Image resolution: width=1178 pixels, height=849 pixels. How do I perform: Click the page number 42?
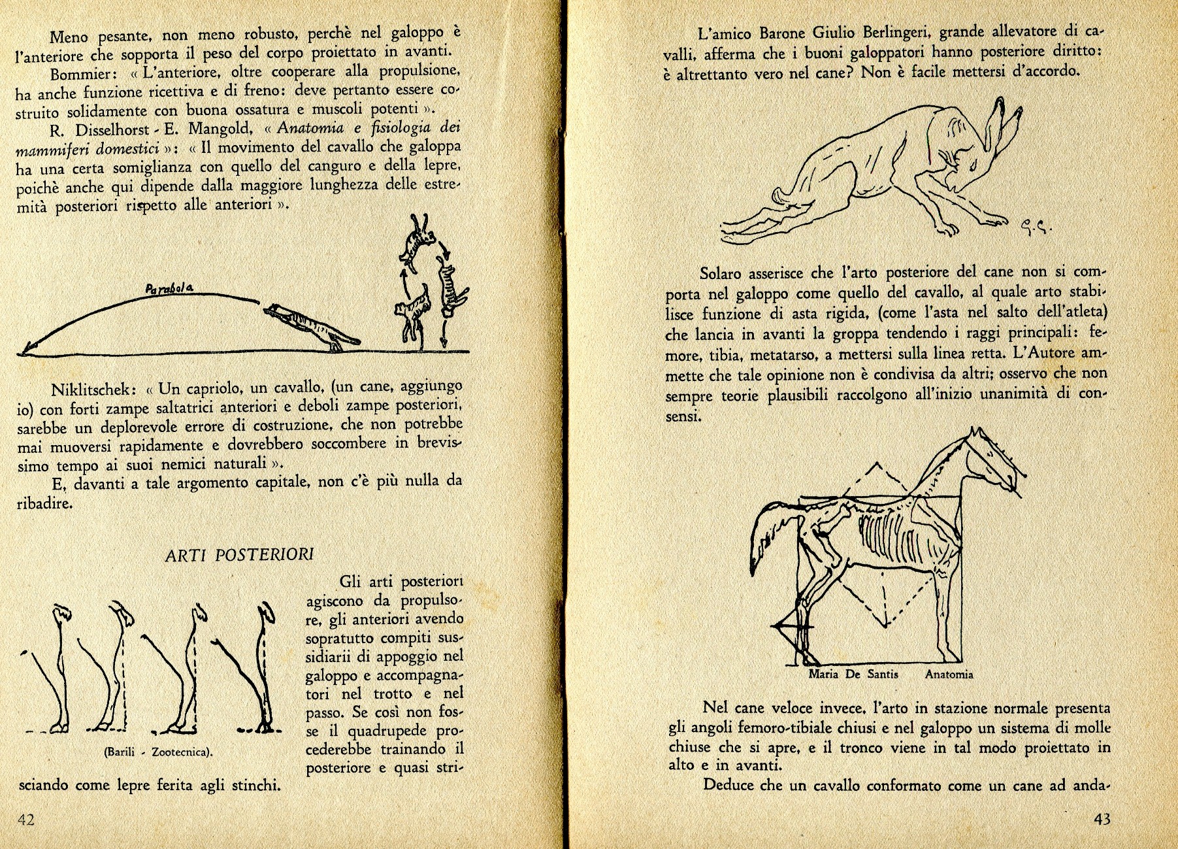point(26,820)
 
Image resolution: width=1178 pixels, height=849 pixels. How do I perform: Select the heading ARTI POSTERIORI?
point(239,555)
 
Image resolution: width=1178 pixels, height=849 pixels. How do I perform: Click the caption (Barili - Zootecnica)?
point(159,752)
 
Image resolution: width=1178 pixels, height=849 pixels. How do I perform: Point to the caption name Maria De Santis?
point(853,674)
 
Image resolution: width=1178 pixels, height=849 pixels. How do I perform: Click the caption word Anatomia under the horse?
point(949,674)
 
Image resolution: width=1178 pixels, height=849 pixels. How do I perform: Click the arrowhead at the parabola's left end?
point(24,352)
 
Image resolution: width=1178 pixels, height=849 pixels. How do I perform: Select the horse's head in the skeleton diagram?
point(993,464)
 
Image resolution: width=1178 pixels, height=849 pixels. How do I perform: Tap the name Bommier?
point(84,74)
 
